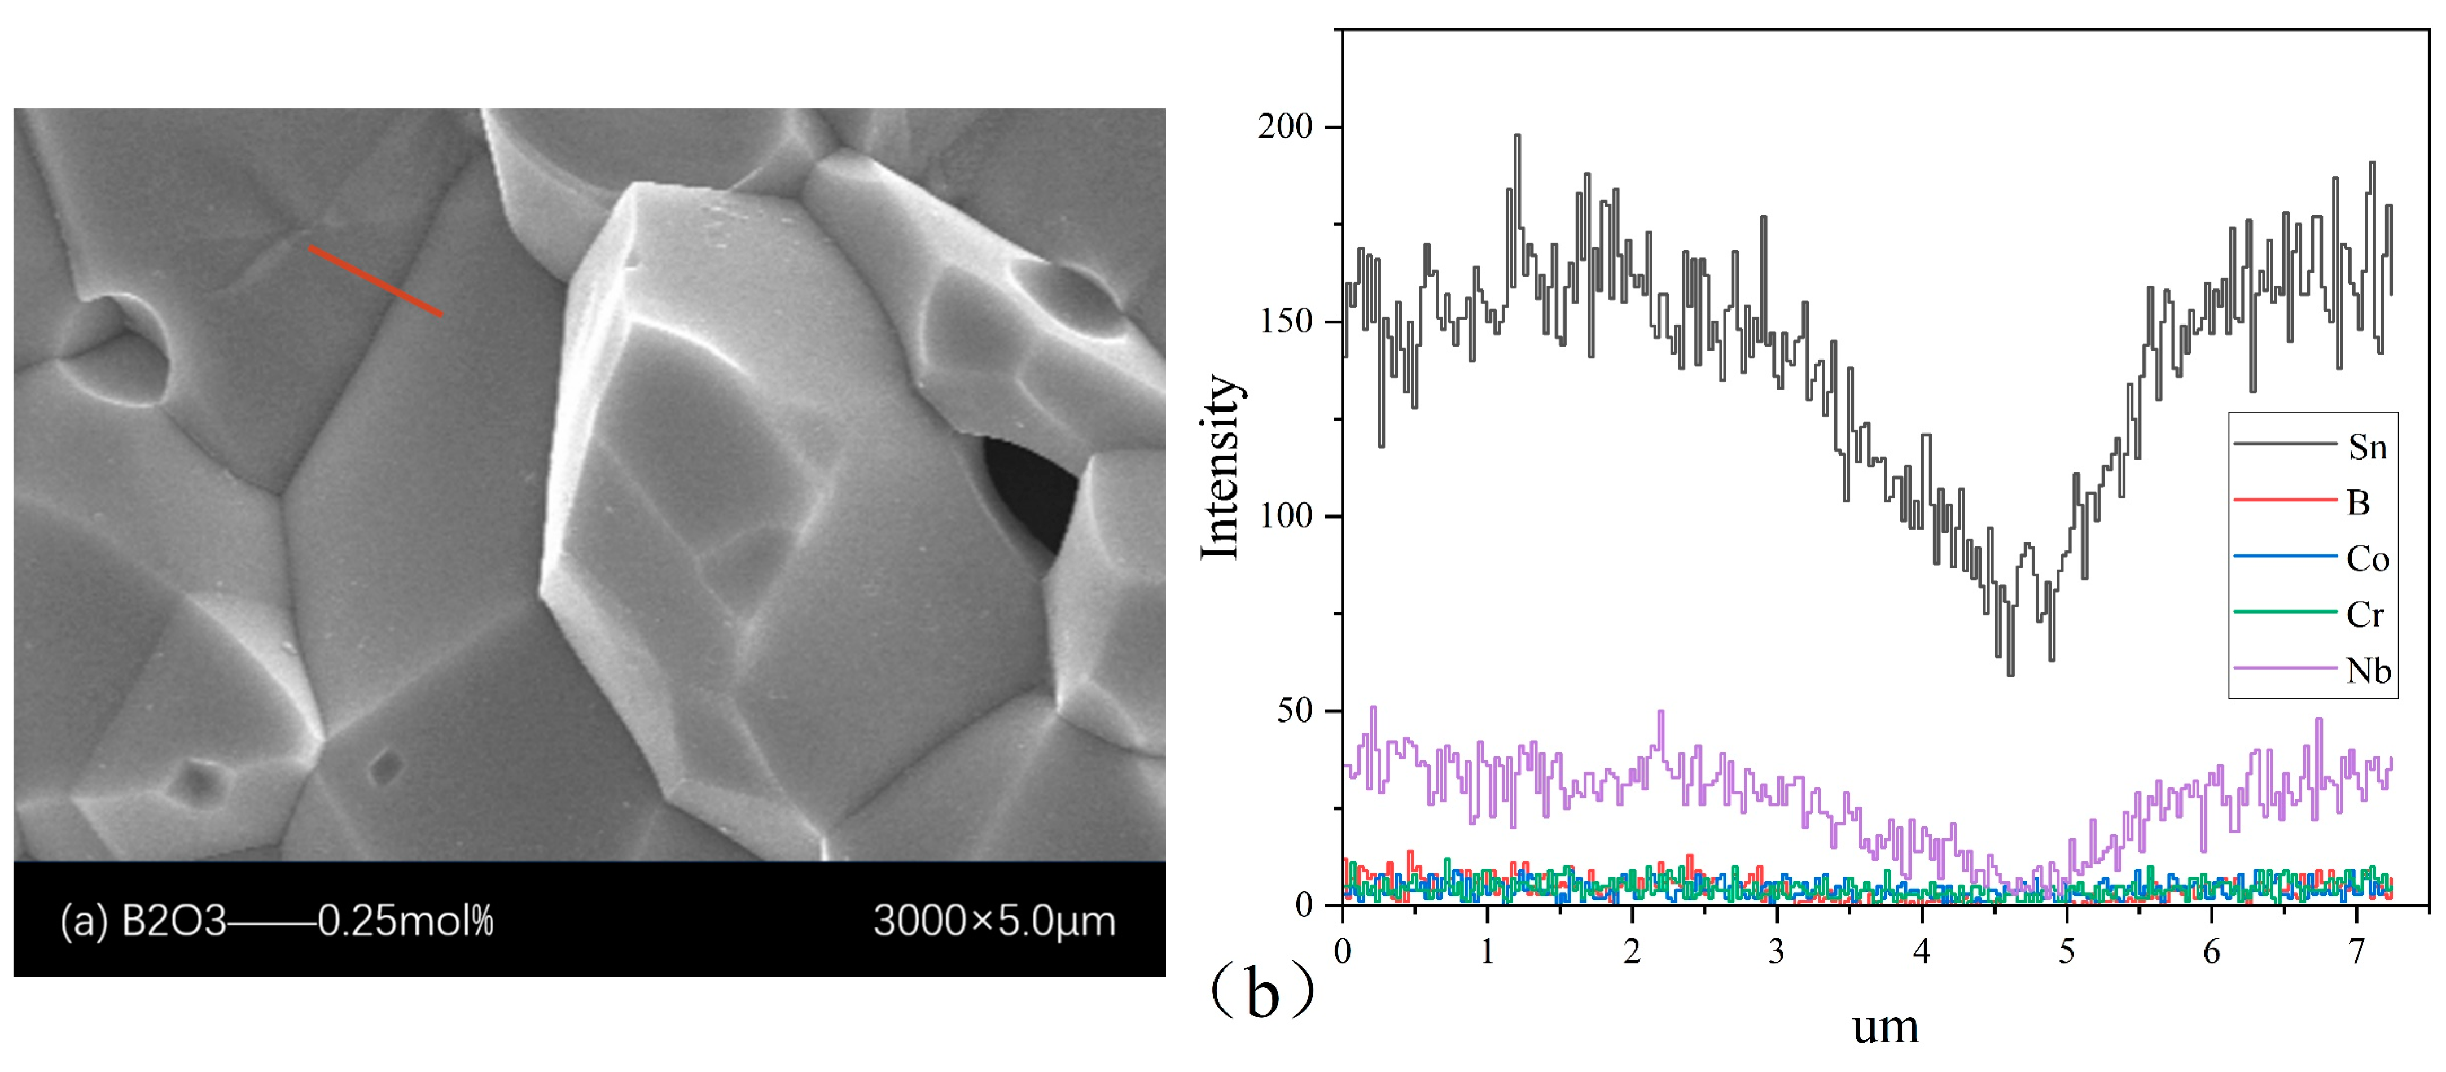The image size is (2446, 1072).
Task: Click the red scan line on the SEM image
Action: pyautogui.click(x=375, y=281)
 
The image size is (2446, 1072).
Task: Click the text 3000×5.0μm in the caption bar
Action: pyautogui.click(x=994, y=922)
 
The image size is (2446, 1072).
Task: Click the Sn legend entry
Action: pyautogui.click(x=2367, y=447)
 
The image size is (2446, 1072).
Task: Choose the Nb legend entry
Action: pyautogui.click(x=2367, y=671)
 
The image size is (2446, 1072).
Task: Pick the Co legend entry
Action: pyautogui.click(x=2367, y=559)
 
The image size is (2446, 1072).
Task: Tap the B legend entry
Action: pyautogui.click(x=2359, y=503)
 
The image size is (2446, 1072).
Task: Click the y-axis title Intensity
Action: pyautogui.click(x=1222, y=467)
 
